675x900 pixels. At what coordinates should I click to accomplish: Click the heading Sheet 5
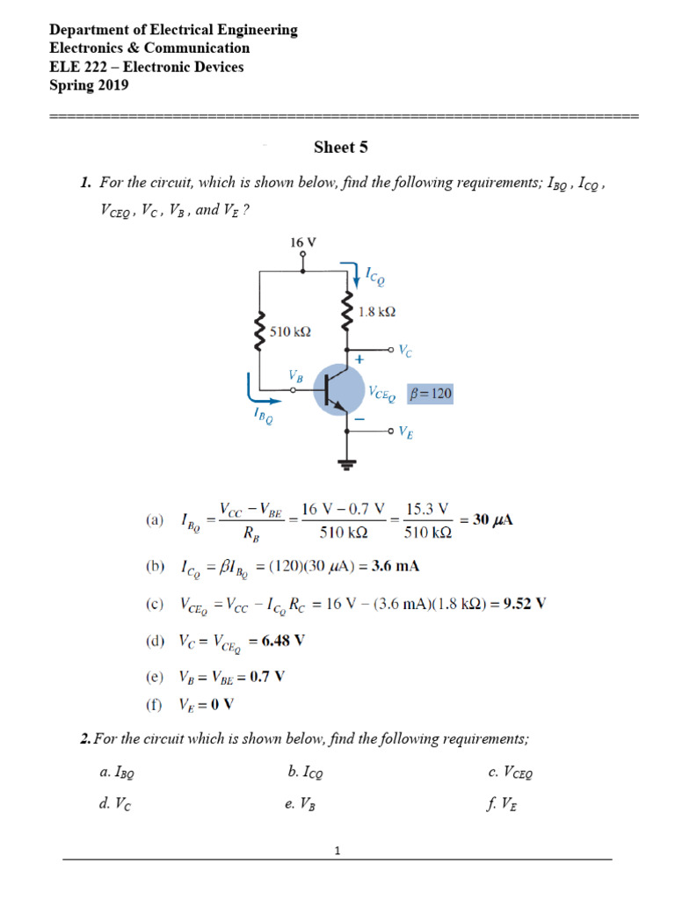tap(335, 148)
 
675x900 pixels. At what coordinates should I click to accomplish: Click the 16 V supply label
tap(303, 241)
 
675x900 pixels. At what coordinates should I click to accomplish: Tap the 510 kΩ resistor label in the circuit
tap(291, 332)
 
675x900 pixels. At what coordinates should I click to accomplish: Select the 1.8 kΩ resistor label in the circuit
tap(377, 311)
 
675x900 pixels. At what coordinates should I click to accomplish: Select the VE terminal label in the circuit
tap(406, 431)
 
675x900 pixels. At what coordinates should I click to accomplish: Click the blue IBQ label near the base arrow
tap(263, 414)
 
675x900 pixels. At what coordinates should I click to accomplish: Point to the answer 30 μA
tap(493, 519)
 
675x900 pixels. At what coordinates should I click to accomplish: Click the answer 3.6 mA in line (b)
tap(396, 566)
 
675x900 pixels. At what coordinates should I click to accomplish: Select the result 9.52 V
tap(524, 604)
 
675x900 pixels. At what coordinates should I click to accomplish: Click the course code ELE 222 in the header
tap(82, 67)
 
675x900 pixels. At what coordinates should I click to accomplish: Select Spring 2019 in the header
tap(89, 85)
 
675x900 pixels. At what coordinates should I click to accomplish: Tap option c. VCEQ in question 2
tap(511, 773)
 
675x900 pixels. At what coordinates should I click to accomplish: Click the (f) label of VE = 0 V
tap(154, 704)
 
